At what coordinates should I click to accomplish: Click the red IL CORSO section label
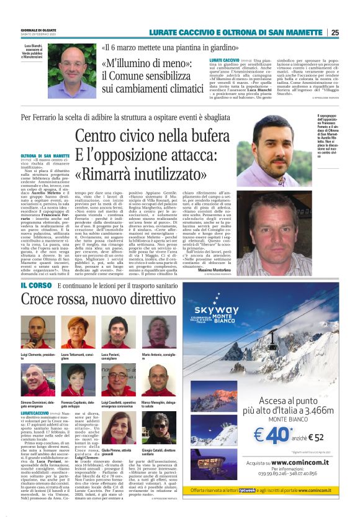(x=35, y=285)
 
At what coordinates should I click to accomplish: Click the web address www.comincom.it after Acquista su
(x=296, y=463)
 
